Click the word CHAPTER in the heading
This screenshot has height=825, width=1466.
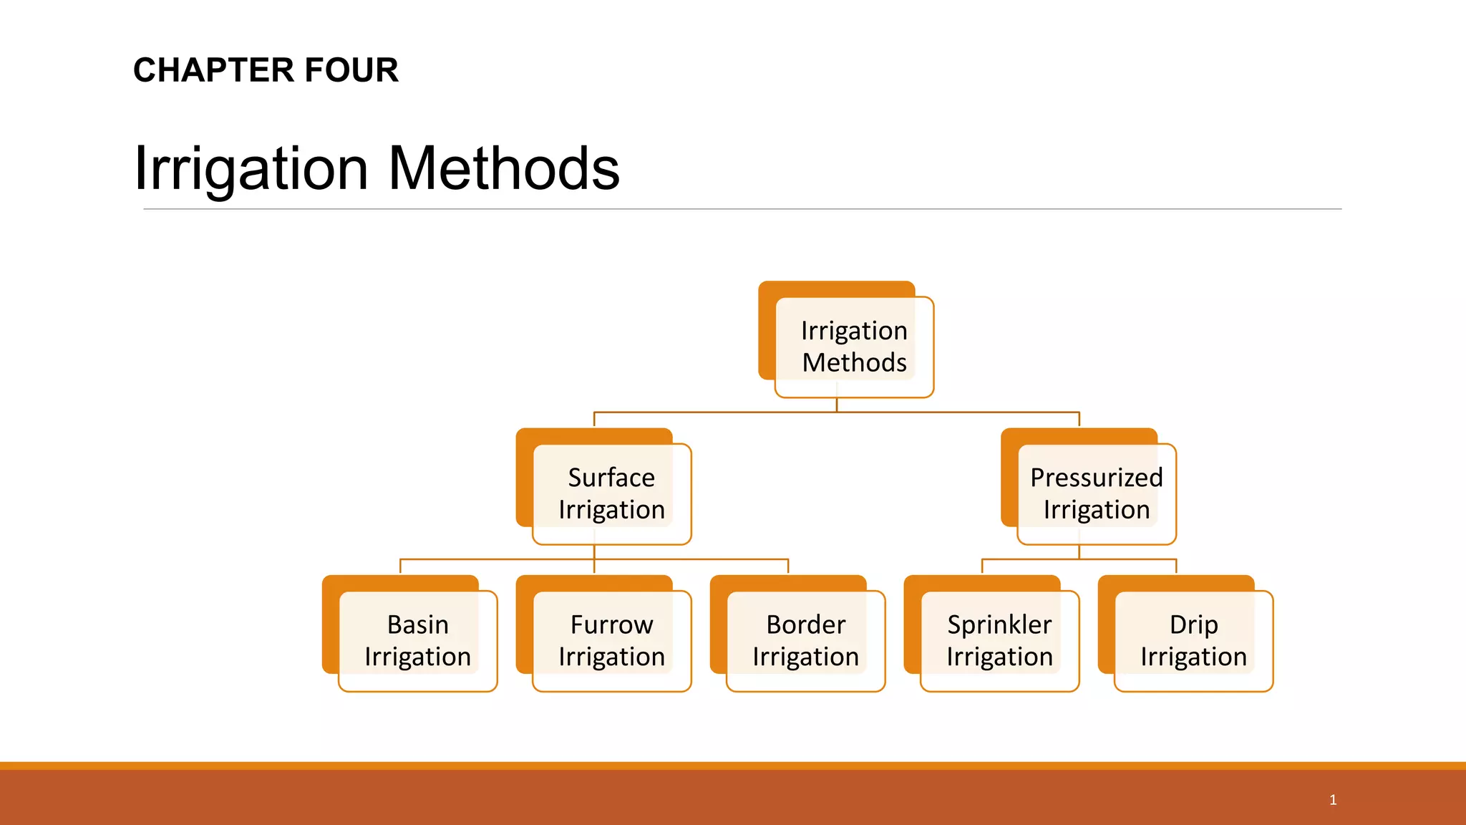coord(214,70)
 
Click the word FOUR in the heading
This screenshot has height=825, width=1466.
coord(351,70)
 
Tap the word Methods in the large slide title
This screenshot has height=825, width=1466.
coord(504,168)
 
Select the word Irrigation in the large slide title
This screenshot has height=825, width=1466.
coord(251,168)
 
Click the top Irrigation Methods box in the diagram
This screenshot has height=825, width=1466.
coord(854,347)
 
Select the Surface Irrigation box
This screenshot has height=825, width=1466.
coord(611,494)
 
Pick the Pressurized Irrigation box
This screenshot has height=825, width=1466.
coord(1096,494)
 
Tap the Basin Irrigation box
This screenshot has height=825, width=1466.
coord(417,641)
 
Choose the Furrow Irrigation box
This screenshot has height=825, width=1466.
coord(611,641)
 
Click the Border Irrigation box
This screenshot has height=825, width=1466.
coord(805,641)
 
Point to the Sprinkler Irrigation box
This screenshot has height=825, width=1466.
coord(999,641)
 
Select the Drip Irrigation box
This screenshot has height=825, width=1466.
coord(1193,641)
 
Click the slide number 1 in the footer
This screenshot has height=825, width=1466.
coord(1333,800)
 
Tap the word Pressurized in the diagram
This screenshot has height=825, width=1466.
coord(1096,478)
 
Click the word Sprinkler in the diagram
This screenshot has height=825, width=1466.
coord(999,625)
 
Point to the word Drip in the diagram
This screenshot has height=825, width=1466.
coord(1193,625)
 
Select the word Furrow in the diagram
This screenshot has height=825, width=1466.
coord(611,625)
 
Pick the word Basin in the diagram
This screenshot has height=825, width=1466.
coord(417,625)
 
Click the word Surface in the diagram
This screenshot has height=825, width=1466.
coord(611,478)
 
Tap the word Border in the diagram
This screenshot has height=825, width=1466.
coord(805,625)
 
